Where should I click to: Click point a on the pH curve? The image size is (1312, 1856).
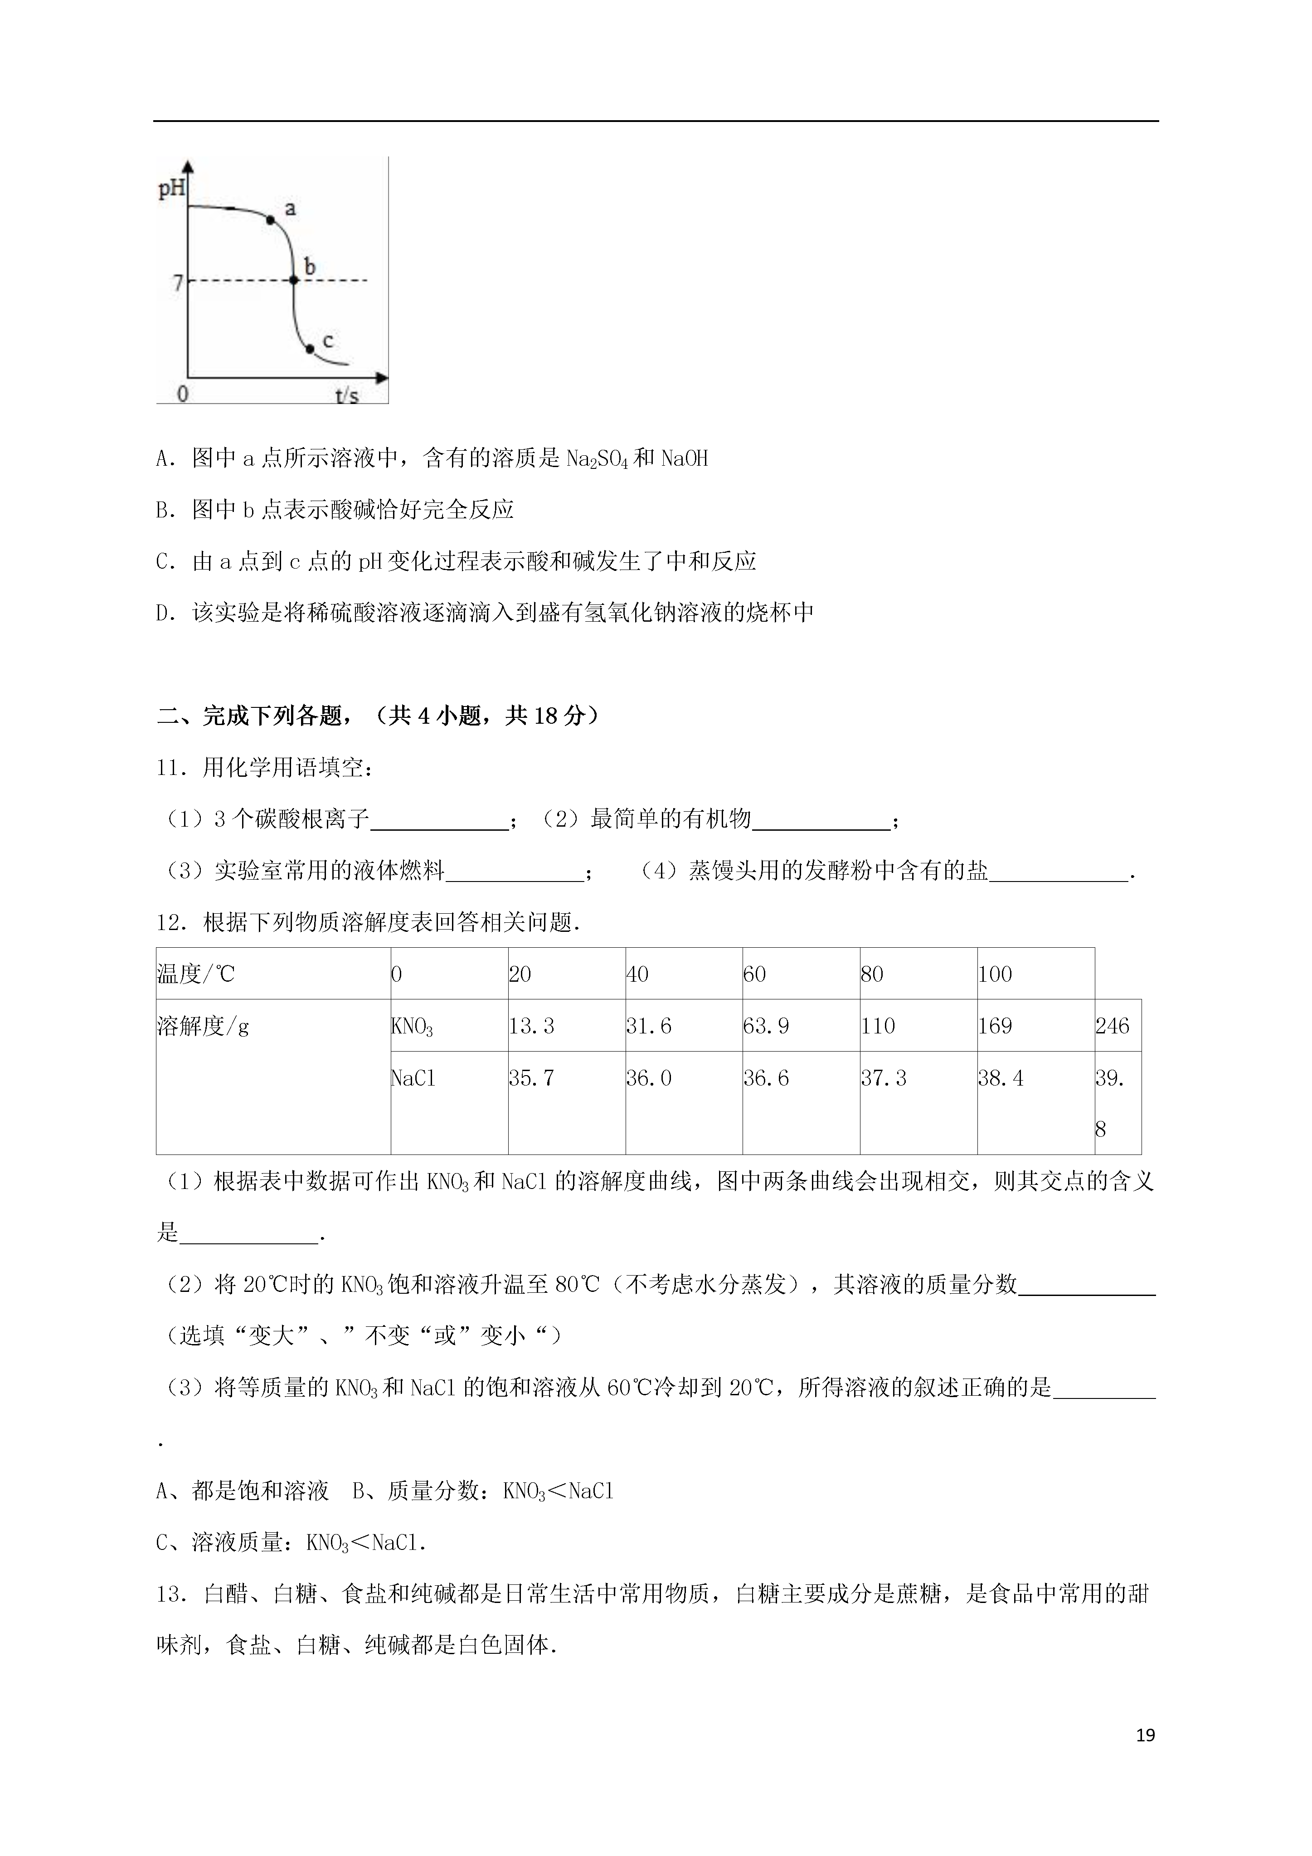click(x=270, y=219)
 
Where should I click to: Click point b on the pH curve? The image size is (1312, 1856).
click(x=294, y=281)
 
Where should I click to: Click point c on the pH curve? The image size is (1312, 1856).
click(x=310, y=348)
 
